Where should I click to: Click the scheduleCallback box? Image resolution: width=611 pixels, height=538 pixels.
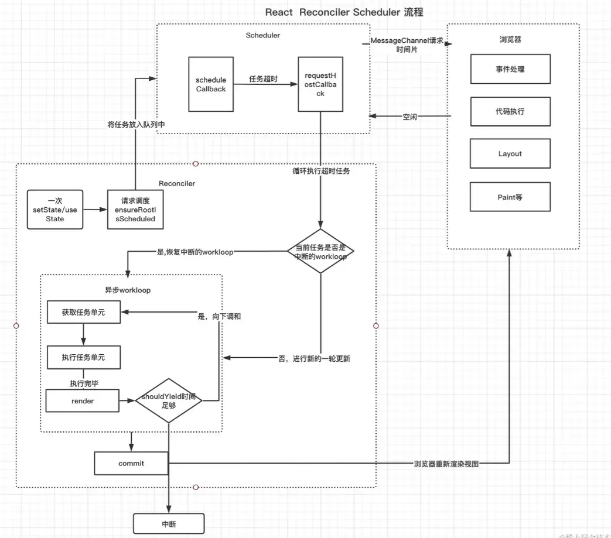[211, 84]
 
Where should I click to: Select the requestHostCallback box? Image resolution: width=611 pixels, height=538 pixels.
[320, 84]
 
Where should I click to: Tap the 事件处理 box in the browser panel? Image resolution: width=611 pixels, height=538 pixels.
[510, 69]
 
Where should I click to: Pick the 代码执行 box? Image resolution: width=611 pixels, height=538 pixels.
[510, 111]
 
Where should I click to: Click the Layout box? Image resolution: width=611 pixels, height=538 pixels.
[510, 154]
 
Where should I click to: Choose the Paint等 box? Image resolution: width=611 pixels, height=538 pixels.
[510, 197]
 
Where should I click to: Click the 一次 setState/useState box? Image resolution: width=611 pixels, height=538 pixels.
[55, 210]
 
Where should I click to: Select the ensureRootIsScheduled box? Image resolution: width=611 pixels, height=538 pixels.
[135, 210]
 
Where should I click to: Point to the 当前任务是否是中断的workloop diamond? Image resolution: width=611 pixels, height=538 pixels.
[321, 251]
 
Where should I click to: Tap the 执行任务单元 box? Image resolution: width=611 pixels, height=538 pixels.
[84, 357]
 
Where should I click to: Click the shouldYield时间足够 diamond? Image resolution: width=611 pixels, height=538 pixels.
[169, 401]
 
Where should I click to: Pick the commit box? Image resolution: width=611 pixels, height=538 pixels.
[131, 463]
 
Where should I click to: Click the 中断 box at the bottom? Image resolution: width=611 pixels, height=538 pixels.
[169, 524]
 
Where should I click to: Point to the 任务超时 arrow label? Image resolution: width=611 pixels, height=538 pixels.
[263, 80]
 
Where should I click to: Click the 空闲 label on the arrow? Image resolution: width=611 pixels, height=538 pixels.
[410, 117]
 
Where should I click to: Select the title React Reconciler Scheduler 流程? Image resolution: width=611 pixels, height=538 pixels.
[344, 12]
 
